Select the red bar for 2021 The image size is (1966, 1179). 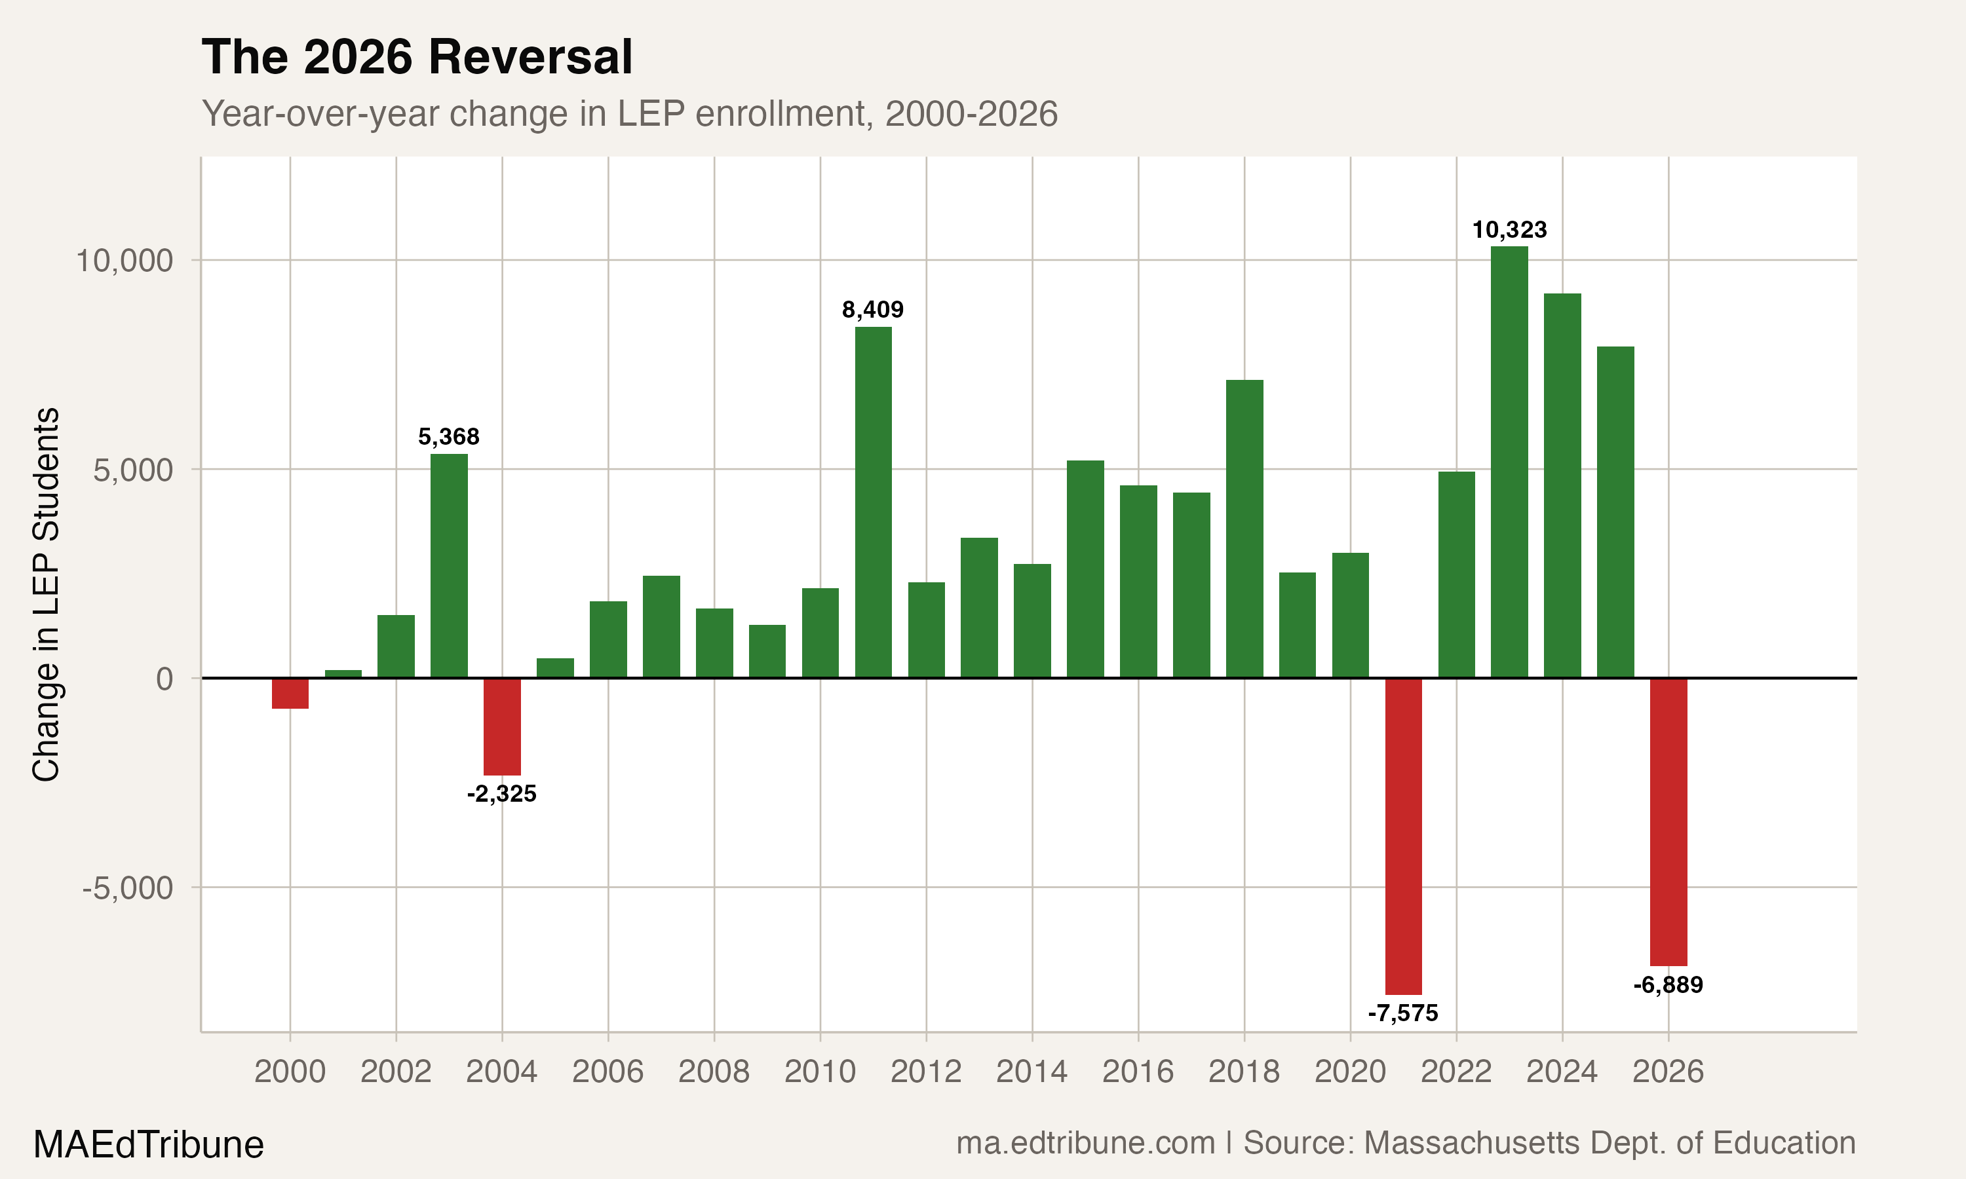pos(1403,835)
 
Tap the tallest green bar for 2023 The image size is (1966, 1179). pos(1509,461)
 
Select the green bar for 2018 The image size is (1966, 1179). pos(1244,529)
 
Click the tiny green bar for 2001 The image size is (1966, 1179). pos(343,674)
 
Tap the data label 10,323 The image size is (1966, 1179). pos(1509,231)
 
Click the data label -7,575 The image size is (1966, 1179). pos(1403,1013)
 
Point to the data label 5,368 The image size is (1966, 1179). pos(449,437)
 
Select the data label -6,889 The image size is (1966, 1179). pos(1668,985)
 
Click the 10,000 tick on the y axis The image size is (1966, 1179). pos(124,261)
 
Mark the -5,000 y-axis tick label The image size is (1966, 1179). pos(127,888)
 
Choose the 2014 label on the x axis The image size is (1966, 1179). pos(1031,1072)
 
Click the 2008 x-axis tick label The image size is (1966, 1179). pos(714,1072)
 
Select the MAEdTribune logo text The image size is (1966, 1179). pos(149,1145)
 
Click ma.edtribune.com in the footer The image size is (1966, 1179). pos(1085,1143)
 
